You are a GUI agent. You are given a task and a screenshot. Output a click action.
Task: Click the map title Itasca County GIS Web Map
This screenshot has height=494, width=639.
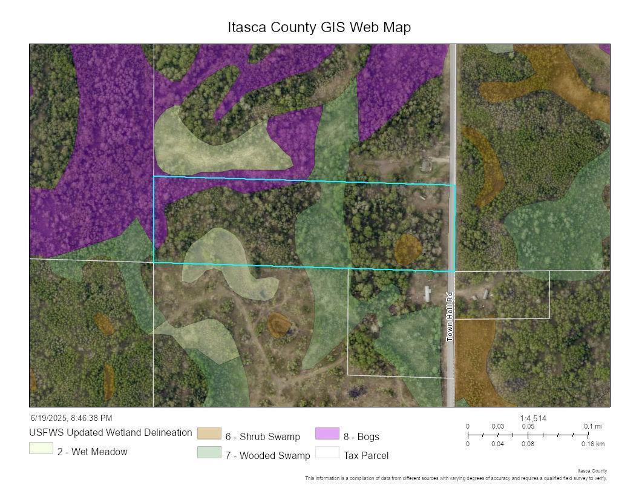[x=319, y=27]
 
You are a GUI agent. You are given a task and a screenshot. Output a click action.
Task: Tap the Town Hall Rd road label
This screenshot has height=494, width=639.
[x=450, y=317]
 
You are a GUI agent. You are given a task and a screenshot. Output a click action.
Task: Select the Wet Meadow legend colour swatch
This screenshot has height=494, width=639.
[x=41, y=449]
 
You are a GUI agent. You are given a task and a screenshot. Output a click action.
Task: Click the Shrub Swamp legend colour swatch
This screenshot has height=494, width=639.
[x=209, y=433]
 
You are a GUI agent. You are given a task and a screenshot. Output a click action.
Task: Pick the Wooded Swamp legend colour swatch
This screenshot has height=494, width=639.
[x=209, y=452]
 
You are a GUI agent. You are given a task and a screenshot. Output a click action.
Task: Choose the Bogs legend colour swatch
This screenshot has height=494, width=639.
[x=327, y=433]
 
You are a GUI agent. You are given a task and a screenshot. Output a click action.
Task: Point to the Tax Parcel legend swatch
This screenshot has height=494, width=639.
[x=327, y=452]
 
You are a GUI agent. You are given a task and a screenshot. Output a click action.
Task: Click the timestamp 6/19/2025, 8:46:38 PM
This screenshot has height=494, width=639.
[x=71, y=418]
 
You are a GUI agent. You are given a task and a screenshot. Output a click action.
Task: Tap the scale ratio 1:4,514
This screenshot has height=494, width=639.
[x=533, y=418]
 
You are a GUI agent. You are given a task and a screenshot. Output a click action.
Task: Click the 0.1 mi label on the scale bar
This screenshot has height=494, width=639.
[x=593, y=426]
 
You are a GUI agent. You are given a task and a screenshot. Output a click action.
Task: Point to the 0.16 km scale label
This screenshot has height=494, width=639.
[x=592, y=444]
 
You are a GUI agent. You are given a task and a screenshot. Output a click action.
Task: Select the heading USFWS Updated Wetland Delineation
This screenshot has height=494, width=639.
[x=111, y=433]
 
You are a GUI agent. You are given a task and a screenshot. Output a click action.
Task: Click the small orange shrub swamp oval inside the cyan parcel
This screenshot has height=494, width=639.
[x=407, y=249]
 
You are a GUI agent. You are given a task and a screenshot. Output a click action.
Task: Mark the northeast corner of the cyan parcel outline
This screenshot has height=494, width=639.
[x=454, y=185]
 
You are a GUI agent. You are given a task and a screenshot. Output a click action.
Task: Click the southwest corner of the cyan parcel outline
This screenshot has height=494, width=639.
[x=154, y=262]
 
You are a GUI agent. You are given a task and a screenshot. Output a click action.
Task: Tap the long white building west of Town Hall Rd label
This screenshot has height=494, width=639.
[x=428, y=294]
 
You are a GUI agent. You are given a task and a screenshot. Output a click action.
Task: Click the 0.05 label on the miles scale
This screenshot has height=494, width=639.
[x=528, y=426]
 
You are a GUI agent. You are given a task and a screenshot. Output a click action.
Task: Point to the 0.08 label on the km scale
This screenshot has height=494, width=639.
[x=528, y=444]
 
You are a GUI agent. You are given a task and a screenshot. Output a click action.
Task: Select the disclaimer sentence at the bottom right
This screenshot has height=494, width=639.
[x=456, y=478]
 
